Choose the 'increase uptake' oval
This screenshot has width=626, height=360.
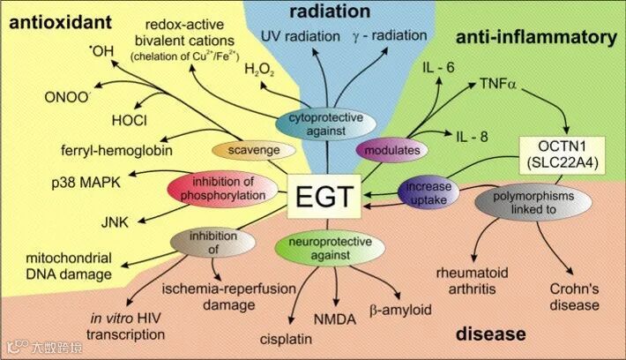tap(430, 194)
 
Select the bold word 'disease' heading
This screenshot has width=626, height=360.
tap(490, 334)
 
